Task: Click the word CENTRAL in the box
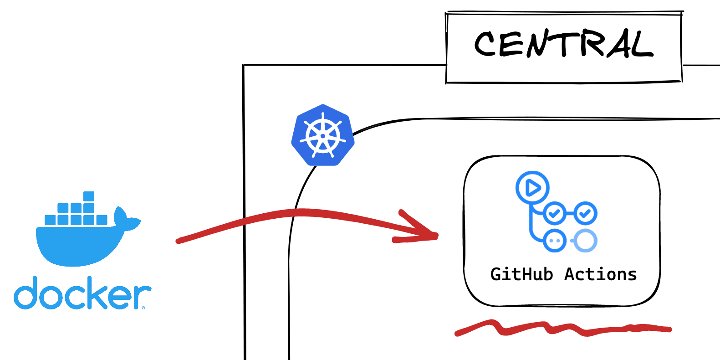tap(564, 45)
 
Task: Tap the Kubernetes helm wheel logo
tap(323, 135)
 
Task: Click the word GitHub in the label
tap(521, 274)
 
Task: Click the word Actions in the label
tap(600, 274)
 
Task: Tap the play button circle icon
tap(532, 187)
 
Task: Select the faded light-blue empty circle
tap(585, 240)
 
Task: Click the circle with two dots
tap(555, 240)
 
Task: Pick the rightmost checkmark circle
tap(585, 213)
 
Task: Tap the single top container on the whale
tap(89, 196)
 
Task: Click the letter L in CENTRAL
tap(643, 46)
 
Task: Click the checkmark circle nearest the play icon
tap(555, 213)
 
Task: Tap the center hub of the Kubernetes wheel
tap(323, 136)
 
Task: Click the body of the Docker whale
tap(77, 244)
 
